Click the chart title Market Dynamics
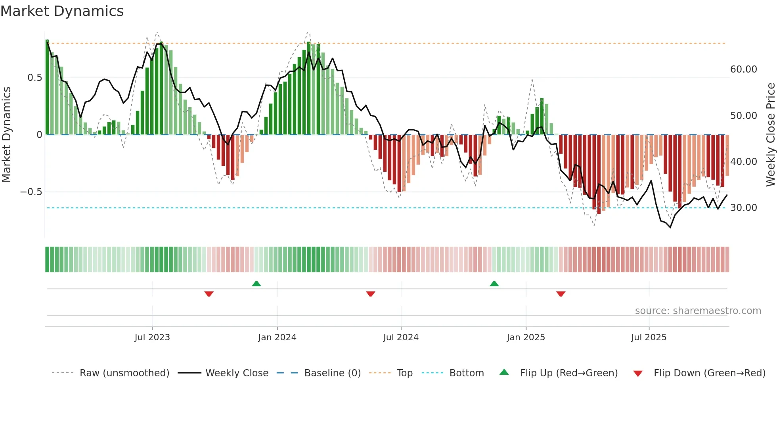click(x=62, y=11)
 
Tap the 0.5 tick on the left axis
click(x=34, y=78)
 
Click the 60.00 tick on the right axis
click(x=743, y=69)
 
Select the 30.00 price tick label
click(x=743, y=208)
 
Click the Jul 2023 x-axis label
click(x=152, y=337)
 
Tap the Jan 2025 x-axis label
click(x=526, y=337)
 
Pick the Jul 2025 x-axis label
click(x=649, y=337)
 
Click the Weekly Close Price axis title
click(x=770, y=135)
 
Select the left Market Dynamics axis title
click(x=6, y=135)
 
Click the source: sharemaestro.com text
click(x=698, y=311)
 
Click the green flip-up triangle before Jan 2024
click(x=256, y=284)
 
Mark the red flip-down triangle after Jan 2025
click(x=561, y=294)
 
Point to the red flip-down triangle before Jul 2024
click(x=371, y=294)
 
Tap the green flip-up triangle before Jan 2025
click(x=494, y=284)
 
